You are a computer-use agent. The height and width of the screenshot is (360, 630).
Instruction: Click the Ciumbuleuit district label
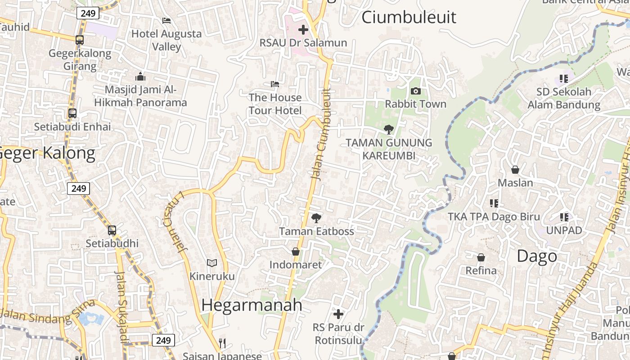pyautogui.click(x=409, y=17)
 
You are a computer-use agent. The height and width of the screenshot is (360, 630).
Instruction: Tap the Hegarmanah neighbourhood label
pyautogui.click(x=252, y=305)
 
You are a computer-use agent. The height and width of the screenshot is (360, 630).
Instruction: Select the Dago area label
pyautogui.click(x=536, y=256)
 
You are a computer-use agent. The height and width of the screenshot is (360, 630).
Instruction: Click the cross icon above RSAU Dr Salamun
pyautogui.click(x=303, y=30)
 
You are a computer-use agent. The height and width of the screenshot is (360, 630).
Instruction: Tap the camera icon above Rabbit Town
pyautogui.click(x=416, y=91)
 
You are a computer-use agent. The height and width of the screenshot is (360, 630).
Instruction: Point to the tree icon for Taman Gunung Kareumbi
pyautogui.click(x=388, y=130)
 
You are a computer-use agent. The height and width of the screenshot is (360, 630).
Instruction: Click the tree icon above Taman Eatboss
pyautogui.click(x=316, y=218)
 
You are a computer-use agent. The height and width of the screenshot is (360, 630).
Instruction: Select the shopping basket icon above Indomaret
pyautogui.click(x=296, y=252)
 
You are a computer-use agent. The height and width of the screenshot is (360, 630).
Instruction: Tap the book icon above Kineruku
pyautogui.click(x=212, y=263)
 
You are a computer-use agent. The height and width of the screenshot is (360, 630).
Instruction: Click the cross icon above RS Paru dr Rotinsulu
pyautogui.click(x=338, y=314)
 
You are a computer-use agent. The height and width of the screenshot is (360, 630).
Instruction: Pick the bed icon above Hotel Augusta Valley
pyautogui.click(x=166, y=21)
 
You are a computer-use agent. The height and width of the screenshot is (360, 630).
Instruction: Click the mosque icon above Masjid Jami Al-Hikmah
pyautogui.click(x=140, y=76)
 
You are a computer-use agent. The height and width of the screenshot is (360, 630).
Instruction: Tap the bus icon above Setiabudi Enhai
pyautogui.click(x=72, y=113)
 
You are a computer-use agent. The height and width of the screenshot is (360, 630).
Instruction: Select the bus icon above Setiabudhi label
pyautogui.click(x=112, y=230)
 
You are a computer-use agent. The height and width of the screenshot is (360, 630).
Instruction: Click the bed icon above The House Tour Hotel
pyautogui.click(x=275, y=84)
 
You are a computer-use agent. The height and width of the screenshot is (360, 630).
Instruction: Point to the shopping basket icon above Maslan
pyautogui.click(x=515, y=170)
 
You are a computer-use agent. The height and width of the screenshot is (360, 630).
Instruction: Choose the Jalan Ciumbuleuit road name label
pyautogui.click(x=323, y=135)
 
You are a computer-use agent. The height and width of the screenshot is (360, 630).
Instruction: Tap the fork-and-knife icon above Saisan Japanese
pyautogui.click(x=222, y=343)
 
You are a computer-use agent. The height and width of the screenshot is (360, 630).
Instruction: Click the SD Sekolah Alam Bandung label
pyautogui.click(x=563, y=98)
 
